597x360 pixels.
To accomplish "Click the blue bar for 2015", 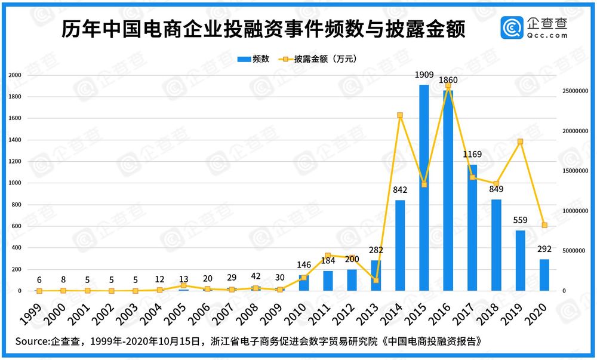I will pyautogui.click(x=424, y=188).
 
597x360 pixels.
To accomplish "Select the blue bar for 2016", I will pyautogui.click(x=448, y=191).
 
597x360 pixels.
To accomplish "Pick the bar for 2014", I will pyautogui.click(x=400, y=245).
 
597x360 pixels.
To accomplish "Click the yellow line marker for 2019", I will pyautogui.click(x=520, y=141).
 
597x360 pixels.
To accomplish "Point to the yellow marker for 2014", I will pyautogui.click(x=400, y=115).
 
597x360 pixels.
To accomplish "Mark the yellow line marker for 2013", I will pyautogui.click(x=376, y=280).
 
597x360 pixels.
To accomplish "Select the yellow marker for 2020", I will pyautogui.click(x=544, y=225).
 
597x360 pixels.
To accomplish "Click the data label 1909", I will pyautogui.click(x=424, y=75).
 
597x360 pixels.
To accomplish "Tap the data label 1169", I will pyautogui.click(x=472, y=155).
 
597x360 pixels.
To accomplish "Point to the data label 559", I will pyautogui.click(x=520, y=220).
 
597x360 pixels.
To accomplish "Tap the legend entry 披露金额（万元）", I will pyautogui.click(x=325, y=59).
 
